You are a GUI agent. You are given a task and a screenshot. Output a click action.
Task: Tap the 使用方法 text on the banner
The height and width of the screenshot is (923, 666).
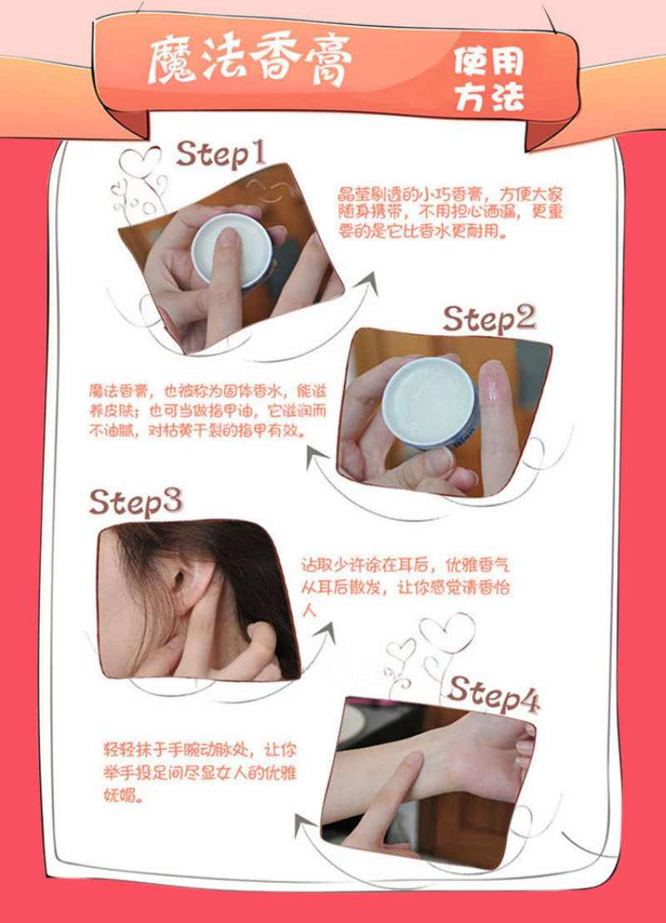pyautogui.click(x=489, y=79)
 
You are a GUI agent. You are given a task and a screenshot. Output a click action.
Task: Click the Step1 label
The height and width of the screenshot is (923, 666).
pyautogui.click(x=221, y=154)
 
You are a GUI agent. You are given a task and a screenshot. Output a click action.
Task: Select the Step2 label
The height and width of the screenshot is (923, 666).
pyautogui.click(x=489, y=320)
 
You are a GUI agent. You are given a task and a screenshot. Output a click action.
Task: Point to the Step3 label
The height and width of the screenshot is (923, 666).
pyautogui.click(x=136, y=502)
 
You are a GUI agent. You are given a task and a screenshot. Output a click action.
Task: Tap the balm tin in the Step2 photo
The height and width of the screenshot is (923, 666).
pyautogui.click(x=430, y=403)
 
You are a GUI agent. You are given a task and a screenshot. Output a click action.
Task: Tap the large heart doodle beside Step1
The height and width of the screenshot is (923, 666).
pyautogui.click(x=140, y=161)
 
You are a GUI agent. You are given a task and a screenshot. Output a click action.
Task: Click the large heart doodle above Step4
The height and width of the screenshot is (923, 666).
pyautogui.click(x=448, y=633)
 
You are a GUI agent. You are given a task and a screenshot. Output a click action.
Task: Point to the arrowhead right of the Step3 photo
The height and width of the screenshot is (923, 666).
pyautogui.click(x=325, y=634)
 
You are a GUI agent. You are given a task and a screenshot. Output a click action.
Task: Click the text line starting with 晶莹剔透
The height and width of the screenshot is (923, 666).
pyautogui.click(x=450, y=195)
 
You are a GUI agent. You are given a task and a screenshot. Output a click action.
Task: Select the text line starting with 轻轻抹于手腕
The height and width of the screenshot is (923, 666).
pyautogui.click(x=200, y=750)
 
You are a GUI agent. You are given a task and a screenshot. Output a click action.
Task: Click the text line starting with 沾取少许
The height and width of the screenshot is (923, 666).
pyautogui.click(x=405, y=566)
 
